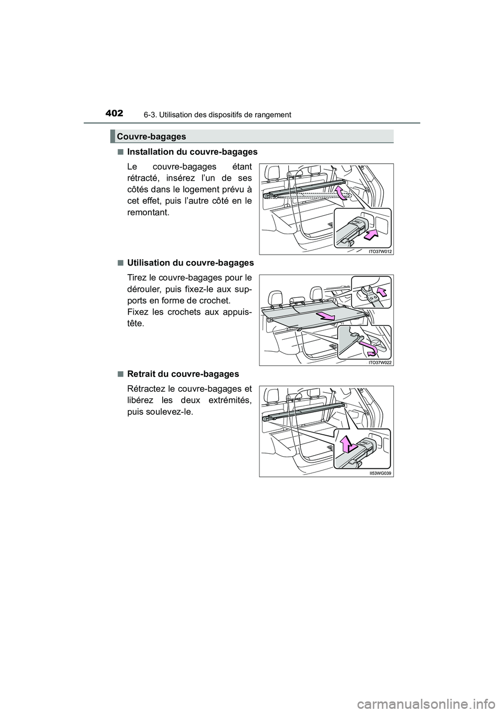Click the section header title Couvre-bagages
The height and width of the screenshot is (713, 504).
pyautogui.click(x=152, y=137)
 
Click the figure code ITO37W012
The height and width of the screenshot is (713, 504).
pyautogui.click(x=381, y=251)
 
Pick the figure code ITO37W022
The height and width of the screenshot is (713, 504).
pyautogui.click(x=381, y=362)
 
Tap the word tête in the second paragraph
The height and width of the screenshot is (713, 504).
pyautogui.click(x=136, y=323)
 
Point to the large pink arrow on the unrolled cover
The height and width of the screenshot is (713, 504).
pyautogui.click(x=327, y=316)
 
